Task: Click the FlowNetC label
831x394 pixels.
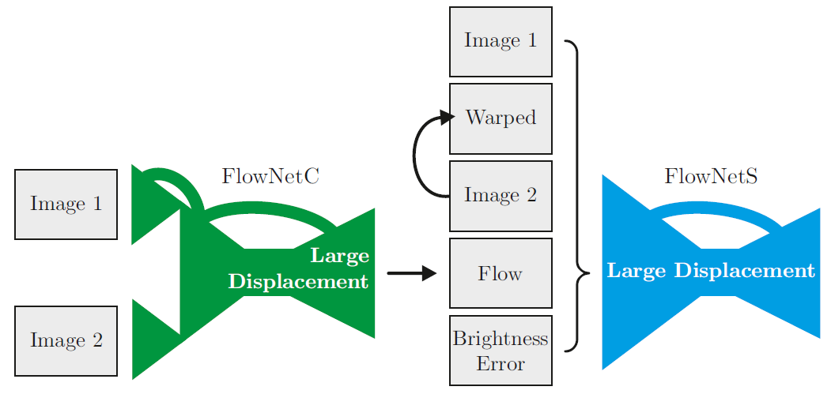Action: pos(270,177)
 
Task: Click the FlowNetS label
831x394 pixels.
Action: pos(711,177)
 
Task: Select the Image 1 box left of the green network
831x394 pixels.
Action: pos(66,204)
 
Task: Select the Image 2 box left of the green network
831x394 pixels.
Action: pos(66,340)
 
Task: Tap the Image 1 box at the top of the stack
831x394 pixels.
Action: pos(500,41)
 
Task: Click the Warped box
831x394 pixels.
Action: pos(500,118)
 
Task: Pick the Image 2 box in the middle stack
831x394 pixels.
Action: pos(500,196)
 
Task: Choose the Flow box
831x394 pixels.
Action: pos(500,273)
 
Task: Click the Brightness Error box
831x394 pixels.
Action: pos(500,351)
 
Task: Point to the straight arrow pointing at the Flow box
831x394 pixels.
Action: pos(411,273)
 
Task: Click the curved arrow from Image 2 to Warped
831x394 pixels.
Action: pos(416,158)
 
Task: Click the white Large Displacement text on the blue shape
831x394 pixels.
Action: pos(710,272)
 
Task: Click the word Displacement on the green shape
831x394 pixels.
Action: pos(298,282)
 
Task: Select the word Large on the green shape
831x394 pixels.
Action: pos(339,256)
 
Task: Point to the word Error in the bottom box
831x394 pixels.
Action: pos(500,364)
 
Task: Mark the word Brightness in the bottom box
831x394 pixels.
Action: pos(500,340)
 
